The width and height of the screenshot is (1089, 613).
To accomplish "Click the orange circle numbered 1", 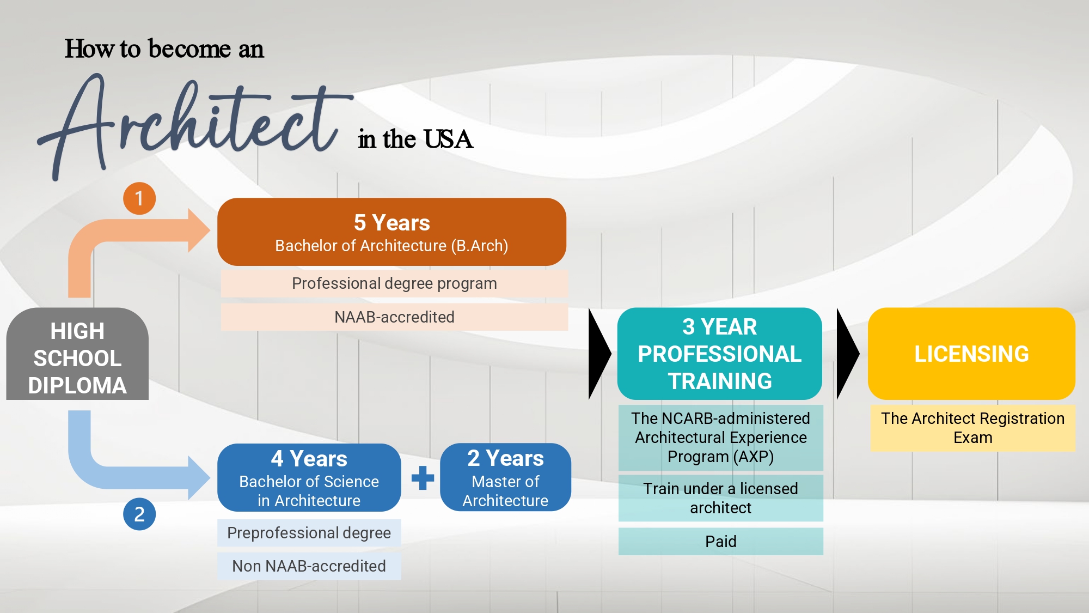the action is pos(139,198).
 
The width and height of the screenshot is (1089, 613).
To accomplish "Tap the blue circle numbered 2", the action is pos(139,514).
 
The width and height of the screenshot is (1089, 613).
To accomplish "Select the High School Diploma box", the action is pos(77,354).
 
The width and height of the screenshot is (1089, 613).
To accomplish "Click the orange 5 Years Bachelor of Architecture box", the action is pos(391,232).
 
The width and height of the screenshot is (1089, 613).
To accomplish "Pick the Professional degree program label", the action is pos(394,283).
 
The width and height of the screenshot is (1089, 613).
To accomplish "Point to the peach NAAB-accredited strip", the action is pos(394,317).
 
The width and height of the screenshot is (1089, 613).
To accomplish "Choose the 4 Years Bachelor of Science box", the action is pos(309,478).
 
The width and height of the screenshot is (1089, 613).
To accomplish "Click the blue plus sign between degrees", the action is pos(423,478).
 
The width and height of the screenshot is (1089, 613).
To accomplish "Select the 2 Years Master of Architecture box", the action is pos(505,477).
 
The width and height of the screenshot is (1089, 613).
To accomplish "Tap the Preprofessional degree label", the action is pos(309,533).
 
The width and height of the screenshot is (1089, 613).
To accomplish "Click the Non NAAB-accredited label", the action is pos(309,566).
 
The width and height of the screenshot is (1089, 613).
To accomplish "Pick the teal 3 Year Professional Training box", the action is pos(720,354).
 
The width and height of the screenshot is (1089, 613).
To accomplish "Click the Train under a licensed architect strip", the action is pos(721,498).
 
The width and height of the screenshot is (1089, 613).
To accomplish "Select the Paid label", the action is pos(721,542).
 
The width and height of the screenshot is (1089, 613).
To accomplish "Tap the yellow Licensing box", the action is pos(971,354).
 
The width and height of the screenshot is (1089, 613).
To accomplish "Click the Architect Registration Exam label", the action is pos(973,428).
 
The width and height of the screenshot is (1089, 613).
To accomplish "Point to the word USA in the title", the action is pos(448,139).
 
